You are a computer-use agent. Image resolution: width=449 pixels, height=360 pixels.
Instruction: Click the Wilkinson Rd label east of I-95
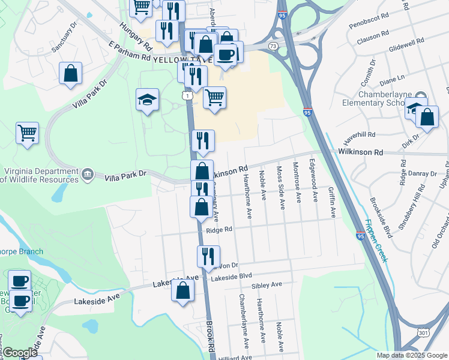tap(361, 153)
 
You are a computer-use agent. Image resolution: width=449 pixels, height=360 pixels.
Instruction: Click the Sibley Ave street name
tap(267, 284)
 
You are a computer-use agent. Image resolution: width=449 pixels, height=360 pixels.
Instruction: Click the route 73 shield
tap(274, 46)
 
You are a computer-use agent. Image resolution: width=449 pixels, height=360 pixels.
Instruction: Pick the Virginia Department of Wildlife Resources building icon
tap(88, 174)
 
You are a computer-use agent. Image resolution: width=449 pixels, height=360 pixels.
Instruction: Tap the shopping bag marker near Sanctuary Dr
tap(71, 74)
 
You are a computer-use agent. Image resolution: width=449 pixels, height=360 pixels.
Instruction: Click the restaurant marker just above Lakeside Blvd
tap(208, 256)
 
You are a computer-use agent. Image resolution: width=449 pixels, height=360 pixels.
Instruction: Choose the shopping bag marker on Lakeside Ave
tap(182, 291)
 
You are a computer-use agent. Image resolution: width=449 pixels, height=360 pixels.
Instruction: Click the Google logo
tap(20, 353)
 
